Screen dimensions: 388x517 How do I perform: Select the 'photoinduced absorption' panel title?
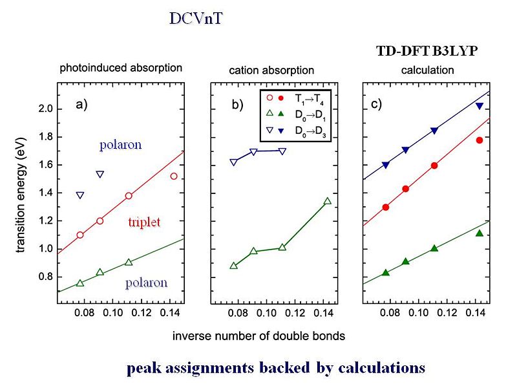120,68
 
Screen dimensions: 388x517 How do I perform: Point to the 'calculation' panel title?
428,70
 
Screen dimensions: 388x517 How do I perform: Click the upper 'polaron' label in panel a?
121,145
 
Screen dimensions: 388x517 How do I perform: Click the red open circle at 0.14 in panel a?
174,176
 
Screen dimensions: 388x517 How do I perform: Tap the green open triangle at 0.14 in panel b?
327,201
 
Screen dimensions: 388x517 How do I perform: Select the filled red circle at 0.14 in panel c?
480,140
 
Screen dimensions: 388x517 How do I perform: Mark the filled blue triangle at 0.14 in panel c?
480,106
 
